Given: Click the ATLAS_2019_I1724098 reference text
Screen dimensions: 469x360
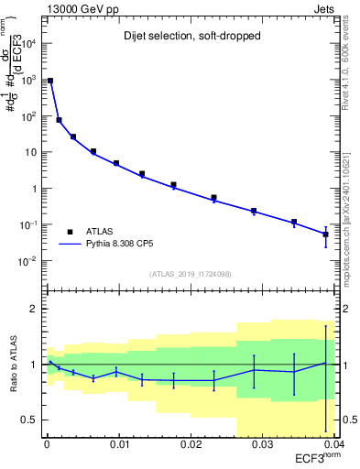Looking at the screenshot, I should [x=191, y=274].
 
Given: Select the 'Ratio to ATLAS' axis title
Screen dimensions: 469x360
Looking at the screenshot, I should [x=16, y=364].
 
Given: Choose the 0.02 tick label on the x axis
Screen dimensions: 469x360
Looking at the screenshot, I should [x=191, y=444].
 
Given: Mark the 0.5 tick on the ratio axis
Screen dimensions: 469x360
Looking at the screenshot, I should [x=30, y=420].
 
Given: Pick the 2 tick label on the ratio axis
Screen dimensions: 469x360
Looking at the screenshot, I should [x=35, y=309].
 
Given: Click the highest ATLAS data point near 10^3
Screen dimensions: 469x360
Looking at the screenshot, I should [x=50, y=81].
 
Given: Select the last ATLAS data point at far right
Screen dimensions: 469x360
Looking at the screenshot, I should [x=325, y=234].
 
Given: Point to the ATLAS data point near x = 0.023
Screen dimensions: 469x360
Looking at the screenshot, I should [x=213, y=198].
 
